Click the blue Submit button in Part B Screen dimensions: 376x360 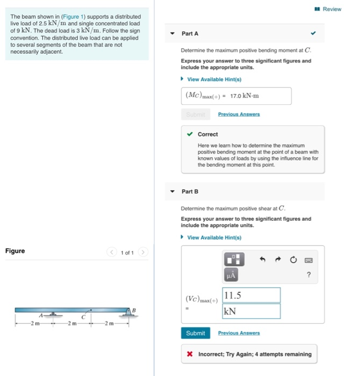pyautogui.click(x=195, y=333)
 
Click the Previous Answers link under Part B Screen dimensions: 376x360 pyautogui.click(x=239, y=333)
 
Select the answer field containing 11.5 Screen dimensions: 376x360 pyautogui.click(x=251, y=295)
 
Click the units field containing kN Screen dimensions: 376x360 pyautogui.click(x=251, y=311)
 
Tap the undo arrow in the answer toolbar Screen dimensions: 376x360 pyautogui.click(x=263, y=259)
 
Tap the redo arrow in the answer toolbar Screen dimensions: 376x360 pyautogui.click(x=279, y=259)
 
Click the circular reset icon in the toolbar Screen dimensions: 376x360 pyautogui.click(x=294, y=259)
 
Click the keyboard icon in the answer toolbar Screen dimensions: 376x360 pyautogui.click(x=309, y=259)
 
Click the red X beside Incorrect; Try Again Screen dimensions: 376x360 pyautogui.click(x=190, y=355)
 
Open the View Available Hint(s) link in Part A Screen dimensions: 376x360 pyautogui.click(x=214, y=79)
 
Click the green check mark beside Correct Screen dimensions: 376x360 pyautogui.click(x=190, y=134)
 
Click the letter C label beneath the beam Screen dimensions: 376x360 pyautogui.click(x=84, y=317)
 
